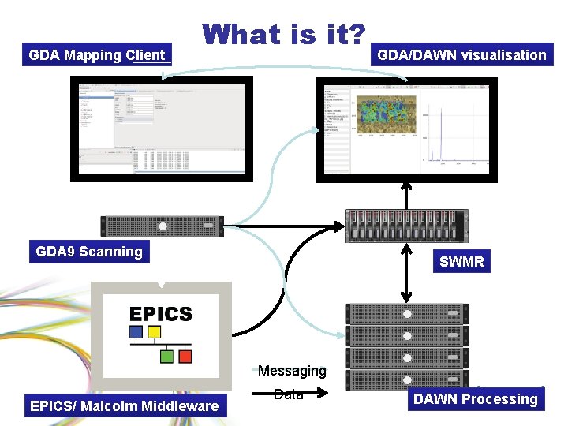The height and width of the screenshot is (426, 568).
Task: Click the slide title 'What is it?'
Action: (x=284, y=35)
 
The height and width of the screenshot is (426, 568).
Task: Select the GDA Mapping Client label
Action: (x=96, y=55)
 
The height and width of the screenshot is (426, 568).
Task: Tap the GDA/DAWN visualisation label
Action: (x=461, y=55)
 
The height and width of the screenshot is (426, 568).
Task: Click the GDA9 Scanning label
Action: (x=89, y=252)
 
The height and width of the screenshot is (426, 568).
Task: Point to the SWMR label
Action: (x=461, y=261)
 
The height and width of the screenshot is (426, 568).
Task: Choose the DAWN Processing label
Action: (x=476, y=399)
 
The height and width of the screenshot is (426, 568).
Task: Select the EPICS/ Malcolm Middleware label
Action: (x=124, y=406)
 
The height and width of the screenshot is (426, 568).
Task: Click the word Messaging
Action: (x=292, y=371)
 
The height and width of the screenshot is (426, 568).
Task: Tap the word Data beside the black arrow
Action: (x=289, y=394)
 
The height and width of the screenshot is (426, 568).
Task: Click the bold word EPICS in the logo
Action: (x=161, y=314)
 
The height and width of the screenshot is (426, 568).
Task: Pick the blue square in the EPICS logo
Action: (x=136, y=333)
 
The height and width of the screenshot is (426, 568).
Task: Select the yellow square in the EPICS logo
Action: (x=155, y=333)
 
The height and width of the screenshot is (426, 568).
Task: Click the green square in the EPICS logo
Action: (x=167, y=357)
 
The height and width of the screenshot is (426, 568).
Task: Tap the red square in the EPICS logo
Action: (x=185, y=357)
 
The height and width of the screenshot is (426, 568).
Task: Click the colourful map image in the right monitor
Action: (x=384, y=111)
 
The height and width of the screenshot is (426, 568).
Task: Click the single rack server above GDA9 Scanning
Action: (x=162, y=226)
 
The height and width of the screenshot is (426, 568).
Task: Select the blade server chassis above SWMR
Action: (x=406, y=226)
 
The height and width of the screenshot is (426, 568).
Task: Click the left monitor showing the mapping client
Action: (x=162, y=128)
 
